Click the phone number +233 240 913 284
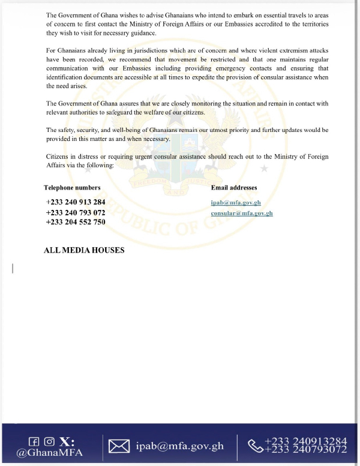(x=76, y=202)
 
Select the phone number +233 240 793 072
(x=76, y=212)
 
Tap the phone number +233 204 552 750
(x=76, y=222)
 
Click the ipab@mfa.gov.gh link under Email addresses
(x=236, y=203)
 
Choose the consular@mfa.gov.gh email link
(x=242, y=213)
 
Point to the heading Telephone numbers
(x=72, y=188)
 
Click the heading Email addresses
(x=234, y=188)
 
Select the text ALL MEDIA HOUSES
(x=84, y=250)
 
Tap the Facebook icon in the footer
(x=34, y=441)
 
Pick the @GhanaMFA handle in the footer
(x=50, y=453)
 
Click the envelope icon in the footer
(x=119, y=446)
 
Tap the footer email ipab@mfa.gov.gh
(x=180, y=446)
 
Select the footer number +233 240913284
(x=305, y=441)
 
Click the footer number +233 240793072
(x=305, y=450)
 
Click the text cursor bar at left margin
(x=13, y=268)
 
